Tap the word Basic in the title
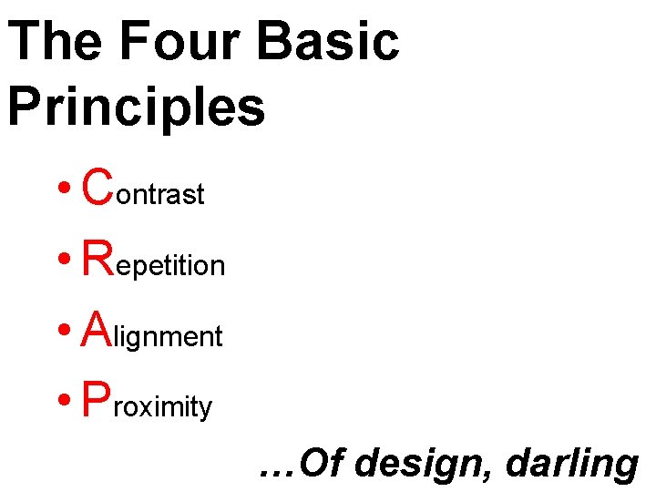coord(328,41)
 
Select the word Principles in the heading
coord(137,106)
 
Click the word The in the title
coord(54,41)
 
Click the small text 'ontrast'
coord(160,194)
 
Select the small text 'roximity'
coord(164,407)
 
